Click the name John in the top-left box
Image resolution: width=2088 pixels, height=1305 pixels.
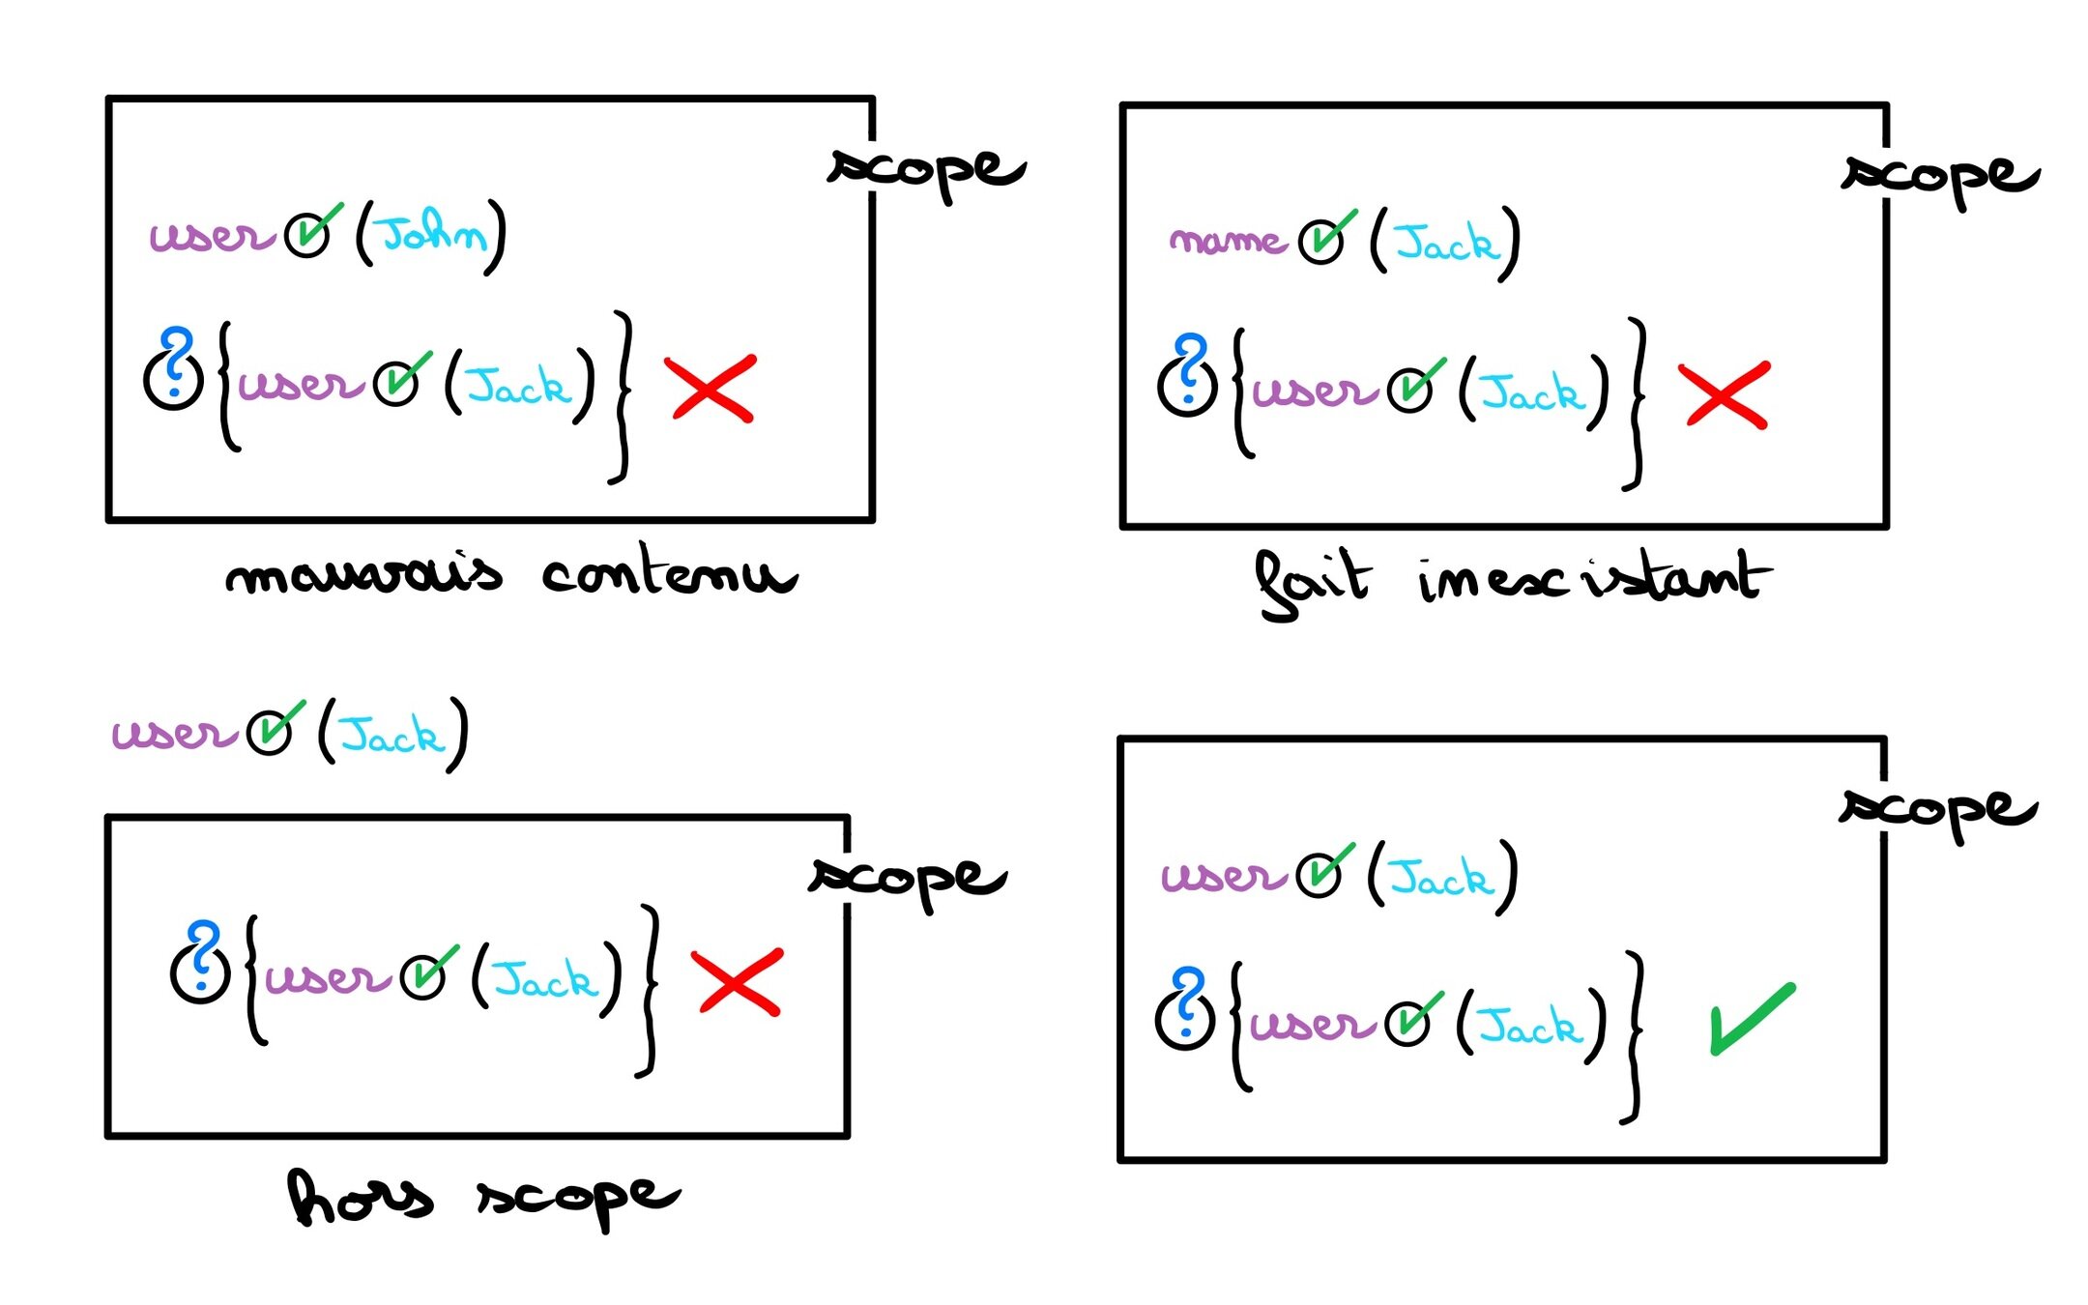(431, 234)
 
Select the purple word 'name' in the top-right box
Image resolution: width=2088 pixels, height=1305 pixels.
(1226, 240)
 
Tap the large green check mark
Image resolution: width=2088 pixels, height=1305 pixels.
(1751, 1019)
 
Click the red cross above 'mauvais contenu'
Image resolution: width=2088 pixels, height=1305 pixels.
(710, 388)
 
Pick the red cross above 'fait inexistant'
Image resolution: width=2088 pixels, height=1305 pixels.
(1725, 394)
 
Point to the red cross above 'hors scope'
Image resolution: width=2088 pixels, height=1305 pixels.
(738, 982)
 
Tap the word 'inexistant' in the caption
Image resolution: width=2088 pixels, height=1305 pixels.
(1594, 578)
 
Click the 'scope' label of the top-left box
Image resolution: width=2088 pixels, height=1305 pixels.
(926, 171)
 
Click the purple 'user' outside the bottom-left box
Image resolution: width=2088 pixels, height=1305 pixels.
(174, 733)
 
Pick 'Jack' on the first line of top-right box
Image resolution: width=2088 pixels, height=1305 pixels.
(1445, 244)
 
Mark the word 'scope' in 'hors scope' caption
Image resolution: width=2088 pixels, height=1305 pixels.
(577, 1199)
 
